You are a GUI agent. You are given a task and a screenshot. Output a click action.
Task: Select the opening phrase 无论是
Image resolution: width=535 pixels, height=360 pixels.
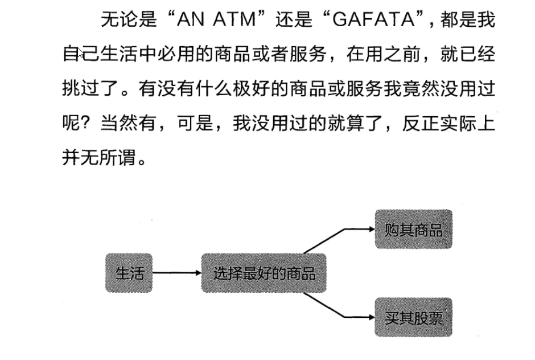tap(129, 21)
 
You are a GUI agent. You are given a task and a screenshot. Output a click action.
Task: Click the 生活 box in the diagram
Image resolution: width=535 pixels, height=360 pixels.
tap(129, 273)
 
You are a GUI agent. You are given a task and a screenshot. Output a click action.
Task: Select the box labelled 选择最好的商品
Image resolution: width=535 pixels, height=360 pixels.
tap(264, 273)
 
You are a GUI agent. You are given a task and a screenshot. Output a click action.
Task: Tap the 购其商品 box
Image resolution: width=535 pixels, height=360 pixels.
tap(413, 230)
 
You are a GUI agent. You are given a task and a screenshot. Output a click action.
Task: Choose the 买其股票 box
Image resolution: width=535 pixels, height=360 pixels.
tap(413, 317)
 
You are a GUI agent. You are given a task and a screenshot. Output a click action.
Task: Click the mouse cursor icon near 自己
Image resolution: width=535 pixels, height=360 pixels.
tap(81, 54)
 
